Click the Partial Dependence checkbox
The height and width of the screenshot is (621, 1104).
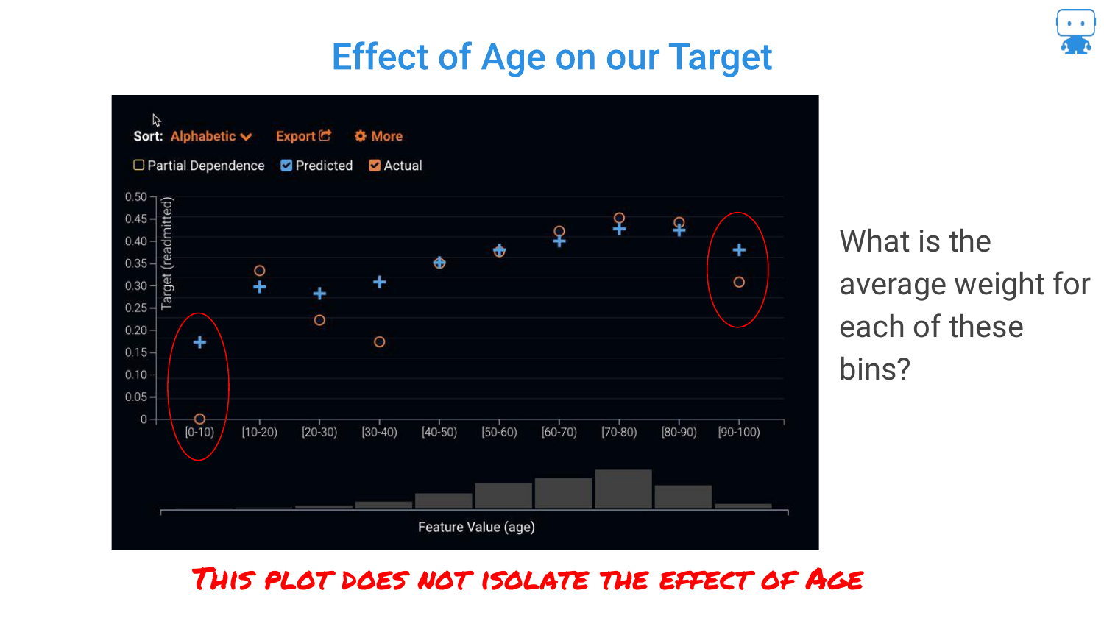138,165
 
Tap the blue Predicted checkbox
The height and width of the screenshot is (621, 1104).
286,165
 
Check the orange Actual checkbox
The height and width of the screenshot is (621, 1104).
375,165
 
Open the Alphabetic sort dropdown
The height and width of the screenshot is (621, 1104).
211,137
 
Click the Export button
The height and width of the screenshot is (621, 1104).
303,136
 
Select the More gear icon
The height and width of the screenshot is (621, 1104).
361,136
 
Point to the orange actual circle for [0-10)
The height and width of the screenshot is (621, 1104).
199,419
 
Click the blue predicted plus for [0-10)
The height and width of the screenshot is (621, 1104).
199,342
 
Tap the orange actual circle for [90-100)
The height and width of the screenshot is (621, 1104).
739,282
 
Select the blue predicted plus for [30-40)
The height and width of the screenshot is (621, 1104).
380,282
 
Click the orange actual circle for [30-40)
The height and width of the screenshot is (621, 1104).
380,341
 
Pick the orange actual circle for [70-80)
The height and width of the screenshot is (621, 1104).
619,218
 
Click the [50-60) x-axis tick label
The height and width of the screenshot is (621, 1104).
499,432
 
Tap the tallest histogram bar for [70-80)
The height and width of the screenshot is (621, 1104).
623,489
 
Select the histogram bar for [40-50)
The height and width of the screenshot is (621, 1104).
444,501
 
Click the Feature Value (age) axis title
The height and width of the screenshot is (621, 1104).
477,527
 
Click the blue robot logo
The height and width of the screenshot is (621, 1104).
1075,31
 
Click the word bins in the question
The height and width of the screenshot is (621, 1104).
874,369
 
